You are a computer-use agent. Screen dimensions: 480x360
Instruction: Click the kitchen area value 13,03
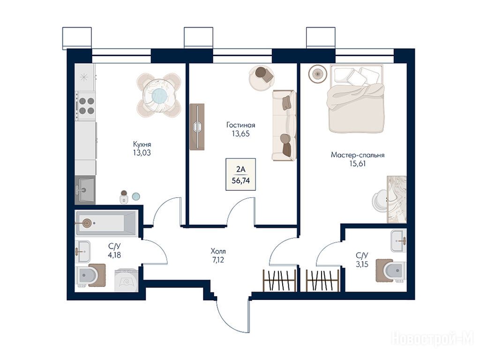coord(142,152)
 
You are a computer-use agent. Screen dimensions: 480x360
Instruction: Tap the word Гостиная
coord(240,125)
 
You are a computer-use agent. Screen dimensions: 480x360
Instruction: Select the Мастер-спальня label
coord(358,155)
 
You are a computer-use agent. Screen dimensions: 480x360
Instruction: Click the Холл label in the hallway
coord(218,252)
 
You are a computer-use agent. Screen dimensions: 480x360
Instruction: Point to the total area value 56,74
coord(240,180)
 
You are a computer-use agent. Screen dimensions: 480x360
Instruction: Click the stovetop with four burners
coord(86,106)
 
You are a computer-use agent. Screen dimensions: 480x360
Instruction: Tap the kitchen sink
coord(85,190)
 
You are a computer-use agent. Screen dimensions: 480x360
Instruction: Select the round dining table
coord(159,95)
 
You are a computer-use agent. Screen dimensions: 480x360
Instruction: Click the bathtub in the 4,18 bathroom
coord(106,223)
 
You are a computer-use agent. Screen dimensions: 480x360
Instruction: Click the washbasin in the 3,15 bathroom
coord(398,241)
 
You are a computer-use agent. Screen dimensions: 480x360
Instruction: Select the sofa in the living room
coord(285,125)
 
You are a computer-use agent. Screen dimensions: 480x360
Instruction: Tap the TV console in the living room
coord(197,127)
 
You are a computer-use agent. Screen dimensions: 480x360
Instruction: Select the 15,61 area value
coord(358,164)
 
